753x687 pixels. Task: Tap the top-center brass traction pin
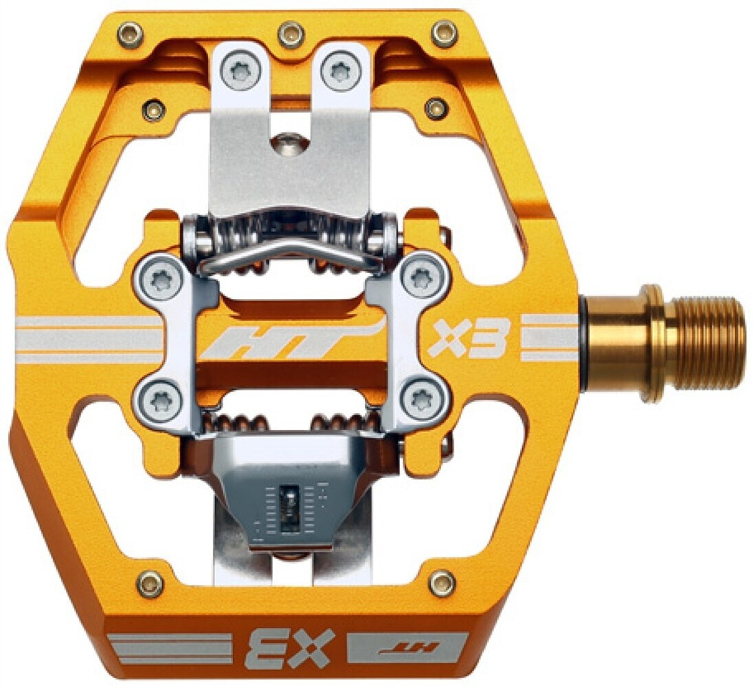point(291,32)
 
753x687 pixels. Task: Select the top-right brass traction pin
point(444,32)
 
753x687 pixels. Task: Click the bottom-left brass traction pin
point(150,584)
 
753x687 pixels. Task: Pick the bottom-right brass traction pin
point(442,582)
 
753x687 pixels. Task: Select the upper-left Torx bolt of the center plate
point(160,279)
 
